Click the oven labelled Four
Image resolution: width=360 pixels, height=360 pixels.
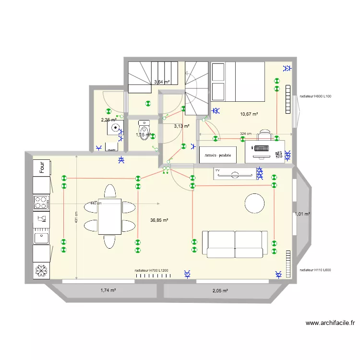42,168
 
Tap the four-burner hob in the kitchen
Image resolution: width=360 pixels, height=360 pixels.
41,203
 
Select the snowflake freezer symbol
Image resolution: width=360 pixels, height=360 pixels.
41,271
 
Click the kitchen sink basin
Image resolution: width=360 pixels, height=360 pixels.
41,237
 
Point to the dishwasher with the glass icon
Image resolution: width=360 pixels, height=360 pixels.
41,220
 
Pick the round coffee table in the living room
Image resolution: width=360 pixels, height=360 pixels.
254,204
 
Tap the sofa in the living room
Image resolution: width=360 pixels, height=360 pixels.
235,244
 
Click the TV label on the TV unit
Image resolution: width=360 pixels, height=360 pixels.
217,170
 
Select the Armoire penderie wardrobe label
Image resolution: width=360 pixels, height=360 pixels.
217,156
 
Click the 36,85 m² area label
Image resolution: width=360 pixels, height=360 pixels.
159,220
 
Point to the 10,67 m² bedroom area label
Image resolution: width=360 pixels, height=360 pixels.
249,114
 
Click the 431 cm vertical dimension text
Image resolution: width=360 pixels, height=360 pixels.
75,220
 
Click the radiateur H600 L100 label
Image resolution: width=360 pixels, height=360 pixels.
315,96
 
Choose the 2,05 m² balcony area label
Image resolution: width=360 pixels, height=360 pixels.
220,291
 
